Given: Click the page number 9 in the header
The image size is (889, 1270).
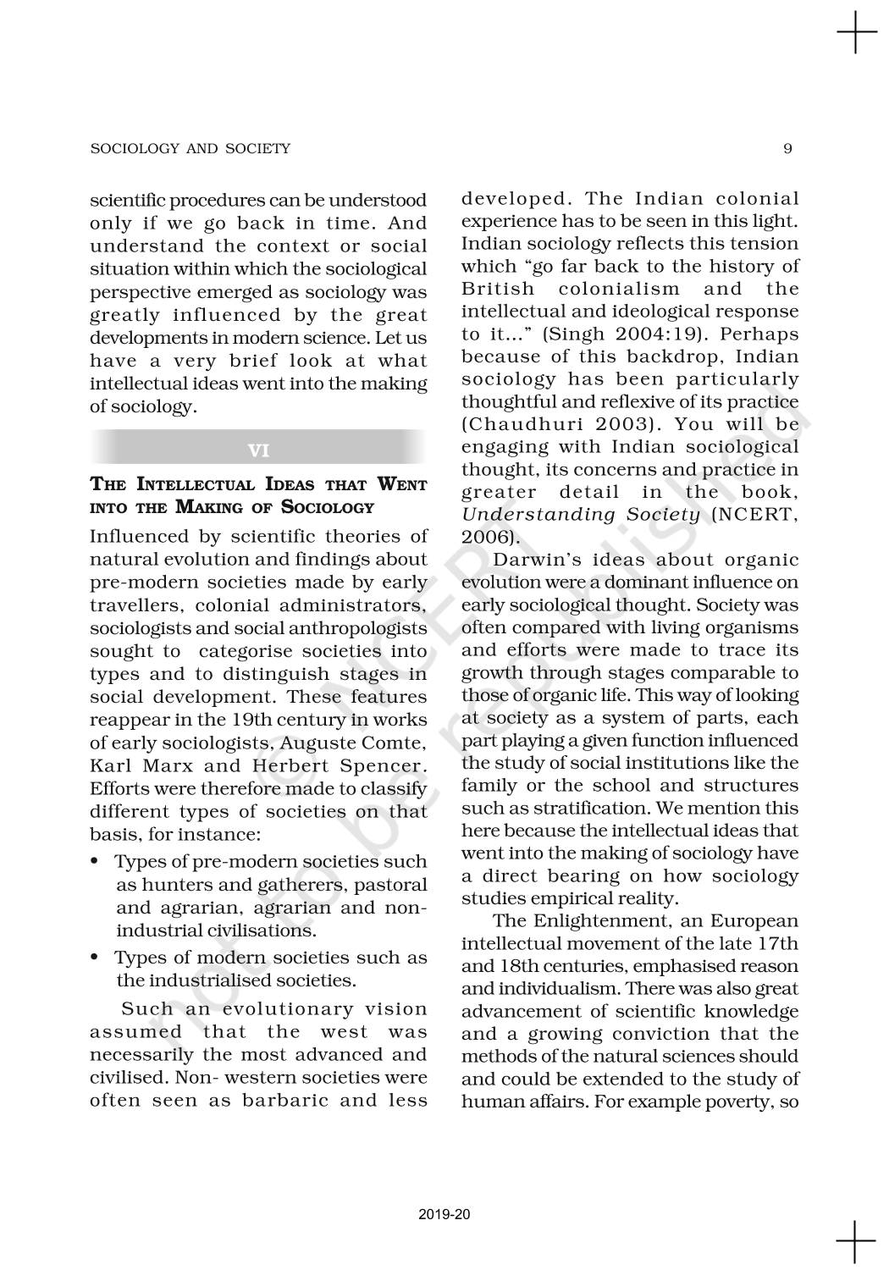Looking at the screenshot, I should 787,149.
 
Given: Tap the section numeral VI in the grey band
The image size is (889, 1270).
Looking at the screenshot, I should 259,450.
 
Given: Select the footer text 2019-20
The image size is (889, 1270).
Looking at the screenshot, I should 444,1214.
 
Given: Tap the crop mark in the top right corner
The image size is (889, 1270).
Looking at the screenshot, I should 857,34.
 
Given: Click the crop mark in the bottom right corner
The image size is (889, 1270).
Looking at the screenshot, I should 857,1241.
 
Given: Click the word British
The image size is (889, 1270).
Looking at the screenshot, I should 498,289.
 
